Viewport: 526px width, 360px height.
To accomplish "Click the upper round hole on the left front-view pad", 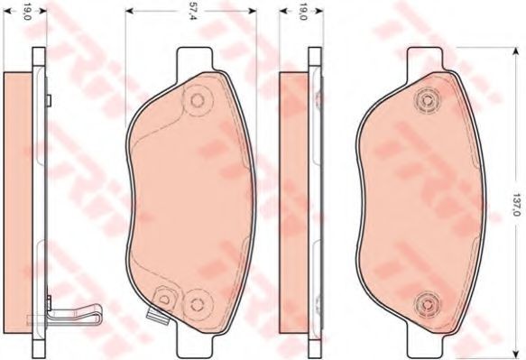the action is pyautogui.click(x=197, y=100).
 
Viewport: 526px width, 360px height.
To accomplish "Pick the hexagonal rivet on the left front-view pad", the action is pyautogui.click(x=164, y=299).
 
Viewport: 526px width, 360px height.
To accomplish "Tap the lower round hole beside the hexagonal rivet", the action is pyautogui.click(x=197, y=304).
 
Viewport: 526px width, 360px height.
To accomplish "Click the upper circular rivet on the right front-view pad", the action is pyautogui.click(x=428, y=99).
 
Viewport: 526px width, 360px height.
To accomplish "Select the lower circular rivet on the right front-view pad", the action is pyautogui.click(x=427, y=305).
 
